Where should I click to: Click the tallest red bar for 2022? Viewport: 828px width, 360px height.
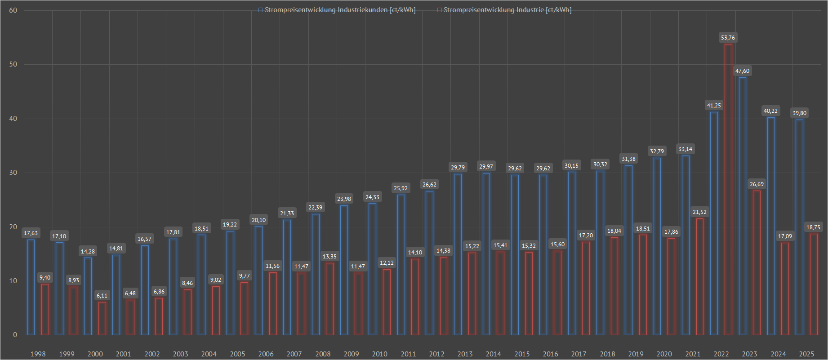(x=728, y=189)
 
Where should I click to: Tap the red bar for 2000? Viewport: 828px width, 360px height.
(x=102, y=318)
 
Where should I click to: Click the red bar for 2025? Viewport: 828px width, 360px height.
(x=814, y=284)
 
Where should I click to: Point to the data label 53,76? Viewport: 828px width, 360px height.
(x=728, y=38)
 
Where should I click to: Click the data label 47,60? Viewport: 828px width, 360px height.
(x=742, y=71)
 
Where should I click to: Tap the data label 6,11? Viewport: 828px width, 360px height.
(x=102, y=295)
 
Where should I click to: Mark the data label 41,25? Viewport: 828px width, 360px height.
(x=714, y=106)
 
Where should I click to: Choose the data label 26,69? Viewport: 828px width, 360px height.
(x=757, y=184)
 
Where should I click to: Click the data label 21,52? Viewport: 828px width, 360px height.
(x=699, y=212)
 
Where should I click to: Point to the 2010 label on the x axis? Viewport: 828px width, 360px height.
(x=380, y=354)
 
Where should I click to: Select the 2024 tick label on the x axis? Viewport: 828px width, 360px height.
(x=778, y=354)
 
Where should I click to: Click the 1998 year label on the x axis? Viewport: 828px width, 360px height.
(x=38, y=354)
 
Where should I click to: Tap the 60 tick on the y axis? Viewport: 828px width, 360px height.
(x=13, y=10)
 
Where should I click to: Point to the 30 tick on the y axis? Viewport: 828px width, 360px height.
(x=13, y=173)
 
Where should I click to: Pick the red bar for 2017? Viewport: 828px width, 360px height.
(x=586, y=288)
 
